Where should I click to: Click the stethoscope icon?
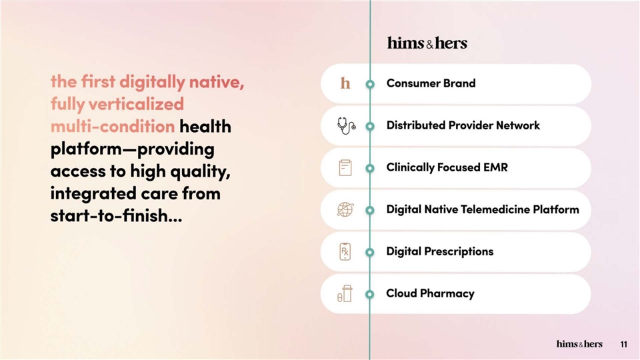pyautogui.click(x=346, y=126)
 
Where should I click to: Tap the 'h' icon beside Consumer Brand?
pyautogui.click(x=345, y=83)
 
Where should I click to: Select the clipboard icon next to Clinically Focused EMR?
pyautogui.click(x=345, y=168)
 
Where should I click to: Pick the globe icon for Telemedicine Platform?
pyautogui.click(x=345, y=210)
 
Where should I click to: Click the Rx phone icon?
pyautogui.click(x=345, y=251)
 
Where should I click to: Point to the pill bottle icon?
pyautogui.click(x=345, y=294)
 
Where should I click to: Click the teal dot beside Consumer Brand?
pyautogui.click(x=370, y=84)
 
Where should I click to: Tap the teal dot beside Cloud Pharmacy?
pyautogui.click(x=370, y=294)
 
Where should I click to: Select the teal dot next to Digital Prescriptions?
pyautogui.click(x=370, y=252)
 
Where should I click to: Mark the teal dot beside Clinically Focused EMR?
pyautogui.click(x=370, y=168)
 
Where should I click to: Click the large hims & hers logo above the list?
pyautogui.click(x=427, y=43)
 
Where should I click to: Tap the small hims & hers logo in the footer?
pyautogui.click(x=579, y=344)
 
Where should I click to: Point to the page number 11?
pyautogui.click(x=624, y=345)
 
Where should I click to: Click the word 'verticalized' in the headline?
pyautogui.click(x=136, y=104)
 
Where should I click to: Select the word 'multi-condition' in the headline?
pyautogui.click(x=113, y=127)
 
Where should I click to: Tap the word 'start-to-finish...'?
pyautogui.click(x=116, y=215)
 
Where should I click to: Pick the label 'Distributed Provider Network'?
pyautogui.click(x=463, y=125)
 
